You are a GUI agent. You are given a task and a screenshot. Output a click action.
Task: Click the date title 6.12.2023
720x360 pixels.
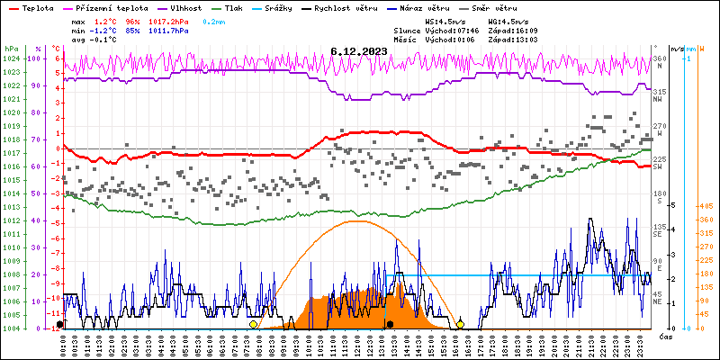(359, 51)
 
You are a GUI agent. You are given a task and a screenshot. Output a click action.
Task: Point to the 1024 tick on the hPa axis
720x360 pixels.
(11, 58)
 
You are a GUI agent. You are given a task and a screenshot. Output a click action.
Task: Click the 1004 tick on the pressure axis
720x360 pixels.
(11, 328)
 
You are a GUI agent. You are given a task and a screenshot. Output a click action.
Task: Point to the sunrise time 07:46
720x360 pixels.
(462, 30)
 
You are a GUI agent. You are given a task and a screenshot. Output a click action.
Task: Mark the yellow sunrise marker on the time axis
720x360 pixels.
(254, 324)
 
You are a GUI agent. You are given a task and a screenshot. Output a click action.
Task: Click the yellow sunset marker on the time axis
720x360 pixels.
(461, 324)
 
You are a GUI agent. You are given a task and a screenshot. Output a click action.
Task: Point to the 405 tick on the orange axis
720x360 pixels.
(706, 205)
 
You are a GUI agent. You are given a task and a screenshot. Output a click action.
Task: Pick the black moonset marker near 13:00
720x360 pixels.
(390, 324)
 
